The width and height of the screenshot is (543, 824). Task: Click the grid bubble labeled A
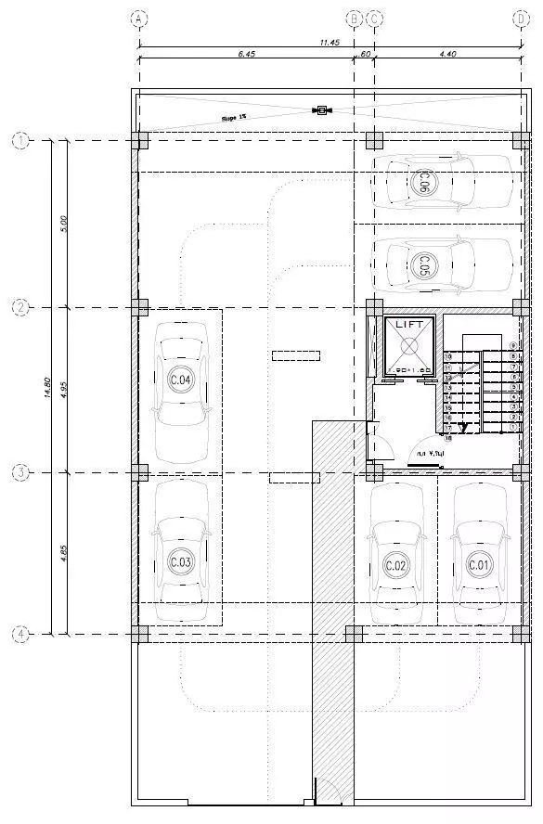(x=139, y=18)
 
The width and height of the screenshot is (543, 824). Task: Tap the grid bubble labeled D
(x=520, y=18)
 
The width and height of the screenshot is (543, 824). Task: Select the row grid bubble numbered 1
(x=20, y=140)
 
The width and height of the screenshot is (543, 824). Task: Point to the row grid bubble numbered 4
(x=20, y=635)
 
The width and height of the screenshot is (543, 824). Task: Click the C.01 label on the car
(x=479, y=564)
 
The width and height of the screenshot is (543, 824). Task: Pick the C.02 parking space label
(x=396, y=565)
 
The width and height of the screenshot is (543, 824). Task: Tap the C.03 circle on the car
(x=180, y=562)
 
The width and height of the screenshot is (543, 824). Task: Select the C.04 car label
(x=180, y=380)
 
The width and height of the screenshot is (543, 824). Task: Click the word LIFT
(x=409, y=324)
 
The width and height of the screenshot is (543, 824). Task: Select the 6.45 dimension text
(x=246, y=55)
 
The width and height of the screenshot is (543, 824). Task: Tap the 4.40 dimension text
(x=446, y=55)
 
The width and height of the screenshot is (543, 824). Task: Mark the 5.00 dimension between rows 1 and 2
(x=63, y=224)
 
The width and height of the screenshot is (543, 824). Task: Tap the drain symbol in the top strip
(x=322, y=111)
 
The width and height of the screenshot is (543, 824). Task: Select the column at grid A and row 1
(x=139, y=140)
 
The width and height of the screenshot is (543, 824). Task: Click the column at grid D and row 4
(x=519, y=635)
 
